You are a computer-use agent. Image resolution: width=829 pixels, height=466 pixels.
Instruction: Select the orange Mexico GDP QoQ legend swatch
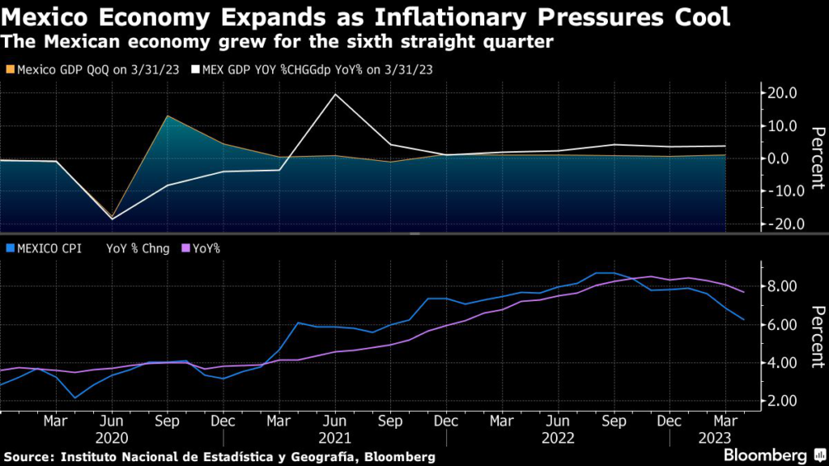9,70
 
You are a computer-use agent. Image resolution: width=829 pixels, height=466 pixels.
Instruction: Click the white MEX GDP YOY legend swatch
195,70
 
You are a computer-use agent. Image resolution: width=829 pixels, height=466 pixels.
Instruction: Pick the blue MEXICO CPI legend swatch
9,248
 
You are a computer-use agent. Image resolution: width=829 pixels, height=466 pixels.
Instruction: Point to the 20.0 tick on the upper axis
784,93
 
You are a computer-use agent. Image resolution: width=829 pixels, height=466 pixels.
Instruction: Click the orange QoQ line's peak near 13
167,116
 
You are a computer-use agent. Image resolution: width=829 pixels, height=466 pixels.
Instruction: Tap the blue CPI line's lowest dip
75,398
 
